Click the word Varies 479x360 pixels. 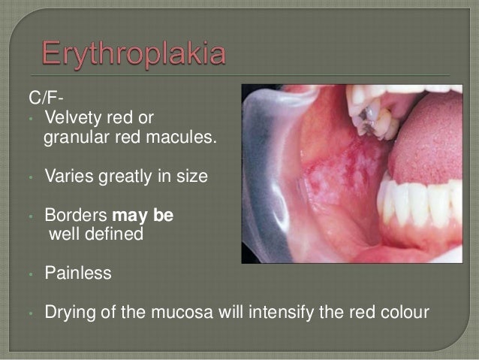coord(68,178)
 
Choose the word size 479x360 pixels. coord(187,178)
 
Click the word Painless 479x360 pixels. coord(78,274)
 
